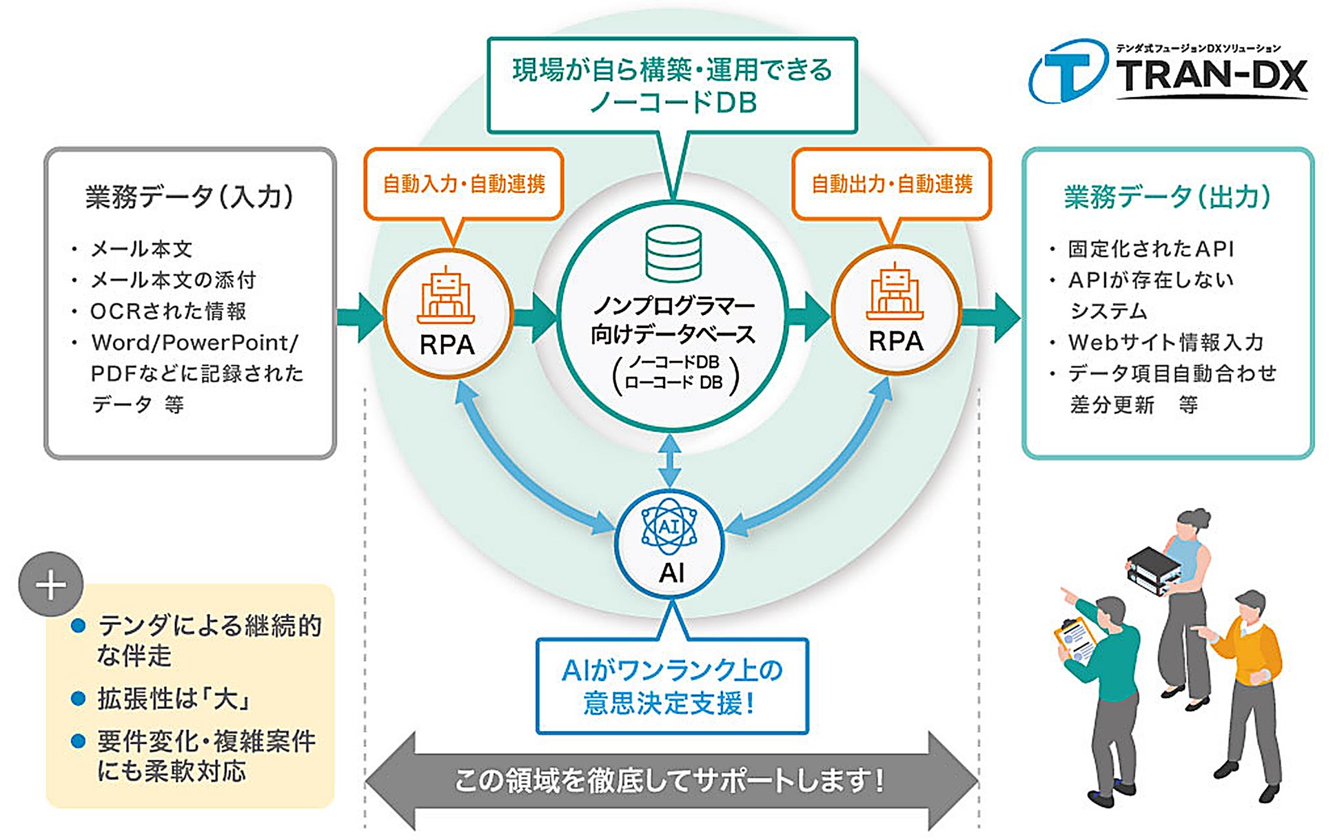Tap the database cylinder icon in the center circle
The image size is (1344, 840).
673,254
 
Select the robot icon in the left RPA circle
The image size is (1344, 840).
446,294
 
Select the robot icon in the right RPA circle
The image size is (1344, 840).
895,291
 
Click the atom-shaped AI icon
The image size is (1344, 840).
669,527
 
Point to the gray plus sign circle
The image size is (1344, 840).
51,584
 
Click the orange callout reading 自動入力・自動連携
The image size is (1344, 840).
464,184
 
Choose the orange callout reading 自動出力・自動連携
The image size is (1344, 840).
892,184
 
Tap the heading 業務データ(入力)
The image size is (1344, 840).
190,197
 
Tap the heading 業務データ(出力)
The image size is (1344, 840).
1168,197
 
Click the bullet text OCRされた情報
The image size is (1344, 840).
168,311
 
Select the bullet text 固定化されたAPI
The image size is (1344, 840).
1151,249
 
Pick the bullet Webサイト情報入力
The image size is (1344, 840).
1165,342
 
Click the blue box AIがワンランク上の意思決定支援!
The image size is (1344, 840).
672,686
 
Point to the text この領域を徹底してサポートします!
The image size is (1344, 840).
669,781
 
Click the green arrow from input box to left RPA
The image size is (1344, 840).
360,317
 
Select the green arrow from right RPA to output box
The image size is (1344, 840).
991,317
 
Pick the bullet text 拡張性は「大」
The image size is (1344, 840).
173,699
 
